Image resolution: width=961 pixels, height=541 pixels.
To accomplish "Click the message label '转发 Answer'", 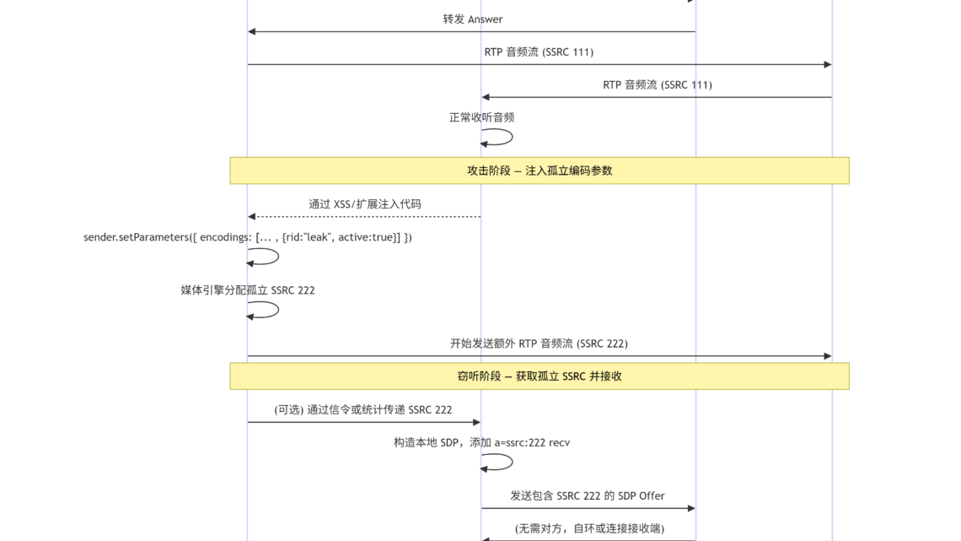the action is (473, 19).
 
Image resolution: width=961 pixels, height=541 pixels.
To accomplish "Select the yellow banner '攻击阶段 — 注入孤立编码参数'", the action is (540, 170).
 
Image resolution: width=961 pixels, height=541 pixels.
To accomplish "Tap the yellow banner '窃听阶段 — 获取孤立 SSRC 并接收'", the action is (540, 376).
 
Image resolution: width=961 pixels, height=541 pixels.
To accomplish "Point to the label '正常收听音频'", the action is (481, 117).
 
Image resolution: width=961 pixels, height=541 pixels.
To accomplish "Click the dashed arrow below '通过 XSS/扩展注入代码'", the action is (364, 217).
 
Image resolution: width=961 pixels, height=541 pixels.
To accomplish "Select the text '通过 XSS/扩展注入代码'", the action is (365, 203).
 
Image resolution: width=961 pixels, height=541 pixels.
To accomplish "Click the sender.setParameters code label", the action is (248, 237).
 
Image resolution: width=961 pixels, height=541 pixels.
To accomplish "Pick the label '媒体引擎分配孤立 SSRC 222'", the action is (248, 290).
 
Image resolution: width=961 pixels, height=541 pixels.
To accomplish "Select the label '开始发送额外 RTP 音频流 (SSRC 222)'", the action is (539, 344).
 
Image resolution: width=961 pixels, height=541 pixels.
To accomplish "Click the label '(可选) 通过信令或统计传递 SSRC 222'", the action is (362, 409).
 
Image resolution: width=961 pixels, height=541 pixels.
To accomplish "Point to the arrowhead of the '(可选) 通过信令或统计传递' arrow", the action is (477, 422).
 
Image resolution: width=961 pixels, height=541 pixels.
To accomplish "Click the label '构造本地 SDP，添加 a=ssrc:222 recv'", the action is (481, 442).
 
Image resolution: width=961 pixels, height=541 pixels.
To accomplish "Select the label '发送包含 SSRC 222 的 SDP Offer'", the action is (588, 495).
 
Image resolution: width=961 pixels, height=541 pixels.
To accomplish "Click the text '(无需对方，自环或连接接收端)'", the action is (589, 528).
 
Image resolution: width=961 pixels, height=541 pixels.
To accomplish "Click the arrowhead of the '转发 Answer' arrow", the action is (251, 31).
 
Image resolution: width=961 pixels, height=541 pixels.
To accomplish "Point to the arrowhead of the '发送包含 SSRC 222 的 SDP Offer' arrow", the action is (691, 508).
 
